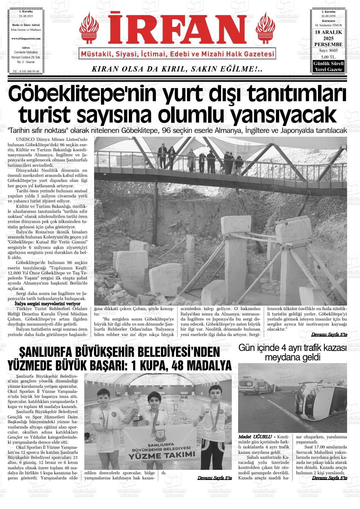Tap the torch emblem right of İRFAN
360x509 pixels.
[x=266, y=27]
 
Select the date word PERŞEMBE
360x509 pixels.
[x=328, y=45]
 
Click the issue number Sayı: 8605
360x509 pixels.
[x=328, y=51]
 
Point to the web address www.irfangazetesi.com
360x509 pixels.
[x=26, y=38]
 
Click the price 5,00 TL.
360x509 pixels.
[x=328, y=57]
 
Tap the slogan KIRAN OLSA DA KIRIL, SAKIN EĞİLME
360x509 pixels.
[x=177, y=69]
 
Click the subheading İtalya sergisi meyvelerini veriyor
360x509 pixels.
[x=47, y=303]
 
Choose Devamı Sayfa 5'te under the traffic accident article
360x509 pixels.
[x=329, y=478]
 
